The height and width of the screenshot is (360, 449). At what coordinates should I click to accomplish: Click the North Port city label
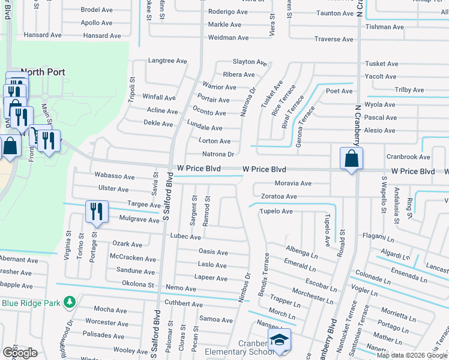pyautogui.click(x=43, y=72)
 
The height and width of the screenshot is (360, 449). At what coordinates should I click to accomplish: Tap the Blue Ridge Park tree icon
pyautogui.click(x=70, y=302)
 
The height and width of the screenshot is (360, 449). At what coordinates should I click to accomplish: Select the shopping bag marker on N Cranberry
pyautogui.click(x=351, y=159)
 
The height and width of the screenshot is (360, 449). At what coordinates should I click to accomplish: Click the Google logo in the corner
pyautogui.click(x=20, y=353)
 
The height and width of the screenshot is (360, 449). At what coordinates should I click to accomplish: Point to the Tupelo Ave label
pyautogui.click(x=277, y=211)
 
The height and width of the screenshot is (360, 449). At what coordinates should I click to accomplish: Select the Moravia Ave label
pyautogui.click(x=293, y=183)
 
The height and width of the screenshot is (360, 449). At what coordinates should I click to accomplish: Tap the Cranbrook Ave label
pyautogui.click(x=408, y=157)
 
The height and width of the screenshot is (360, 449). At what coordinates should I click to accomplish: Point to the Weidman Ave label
pyautogui.click(x=228, y=38)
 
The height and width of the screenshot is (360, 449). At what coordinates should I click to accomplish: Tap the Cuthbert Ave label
pyautogui.click(x=184, y=304)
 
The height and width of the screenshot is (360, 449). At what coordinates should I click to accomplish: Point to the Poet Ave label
pyautogui.click(x=339, y=91)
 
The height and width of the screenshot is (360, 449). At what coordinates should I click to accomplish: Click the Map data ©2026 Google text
pyautogui.click(x=412, y=355)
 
